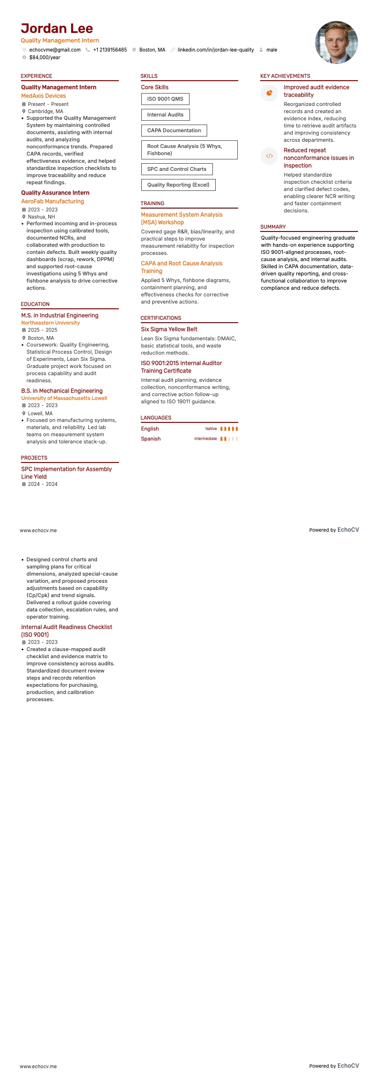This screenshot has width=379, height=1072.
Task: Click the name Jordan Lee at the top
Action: pyautogui.click(x=57, y=29)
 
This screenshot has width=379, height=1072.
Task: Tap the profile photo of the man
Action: pyautogui.click(x=336, y=42)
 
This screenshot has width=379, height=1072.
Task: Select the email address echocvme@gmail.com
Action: pyautogui.click(x=55, y=50)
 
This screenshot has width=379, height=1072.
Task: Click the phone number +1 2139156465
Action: pyautogui.click(x=110, y=50)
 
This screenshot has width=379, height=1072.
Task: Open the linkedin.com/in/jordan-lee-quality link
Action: pyautogui.click(x=215, y=50)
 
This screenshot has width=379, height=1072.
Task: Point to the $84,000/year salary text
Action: pyautogui.click(x=45, y=57)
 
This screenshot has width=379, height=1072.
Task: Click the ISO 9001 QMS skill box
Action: pyautogui.click(x=165, y=99)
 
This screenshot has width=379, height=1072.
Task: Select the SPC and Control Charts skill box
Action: pyautogui.click(x=177, y=169)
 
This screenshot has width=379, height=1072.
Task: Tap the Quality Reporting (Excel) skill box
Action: pyautogui.click(x=178, y=185)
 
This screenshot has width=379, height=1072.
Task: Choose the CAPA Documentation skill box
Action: pyautogui.click(x=174, y=130)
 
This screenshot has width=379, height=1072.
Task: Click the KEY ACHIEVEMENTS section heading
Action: pyautogui.click(x=285, y=76)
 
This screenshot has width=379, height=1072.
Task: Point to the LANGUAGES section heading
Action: pyautogui.click(x=156, y=418)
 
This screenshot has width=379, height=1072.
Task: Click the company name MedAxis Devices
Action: pyautogui.click(x=43, y=96)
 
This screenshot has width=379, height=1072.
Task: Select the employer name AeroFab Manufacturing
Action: pyautogui.click(x=53, y=201)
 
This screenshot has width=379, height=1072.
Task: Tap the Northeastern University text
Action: pyautogui.click(x=51, y=323)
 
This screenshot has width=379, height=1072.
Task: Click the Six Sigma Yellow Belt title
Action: pyautogui.click(x=169, y=329)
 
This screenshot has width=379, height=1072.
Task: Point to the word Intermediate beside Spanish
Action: pyautogui.click(x=205, y=439)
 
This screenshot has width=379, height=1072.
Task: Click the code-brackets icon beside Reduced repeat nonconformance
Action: pyautogui.click(x=269, y=156)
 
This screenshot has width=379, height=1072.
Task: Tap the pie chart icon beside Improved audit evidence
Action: pyautogui.click(x=269, y=93)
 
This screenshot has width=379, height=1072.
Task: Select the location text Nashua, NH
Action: pyautogui.click(x=41, y=217)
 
